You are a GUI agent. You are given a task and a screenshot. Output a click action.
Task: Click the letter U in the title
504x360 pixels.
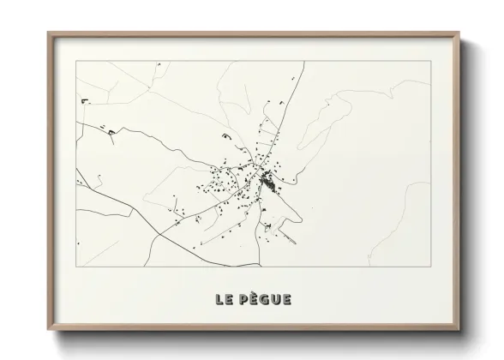pos(276,299)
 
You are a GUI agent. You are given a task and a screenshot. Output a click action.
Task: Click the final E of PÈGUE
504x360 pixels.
pos(287,299)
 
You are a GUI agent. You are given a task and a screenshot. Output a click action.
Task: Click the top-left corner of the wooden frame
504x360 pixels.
pos(49,33)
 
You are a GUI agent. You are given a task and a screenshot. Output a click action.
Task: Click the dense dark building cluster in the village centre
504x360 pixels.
pos(266,182)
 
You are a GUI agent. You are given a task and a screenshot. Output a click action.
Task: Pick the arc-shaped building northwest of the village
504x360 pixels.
pos(225,135)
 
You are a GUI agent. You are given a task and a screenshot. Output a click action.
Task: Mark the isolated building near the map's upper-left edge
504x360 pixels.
pos(86,102)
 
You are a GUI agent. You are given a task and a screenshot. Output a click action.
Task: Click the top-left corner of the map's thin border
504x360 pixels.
pos(76,62)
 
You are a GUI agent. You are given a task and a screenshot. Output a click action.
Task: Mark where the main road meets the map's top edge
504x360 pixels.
pos(302,62)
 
